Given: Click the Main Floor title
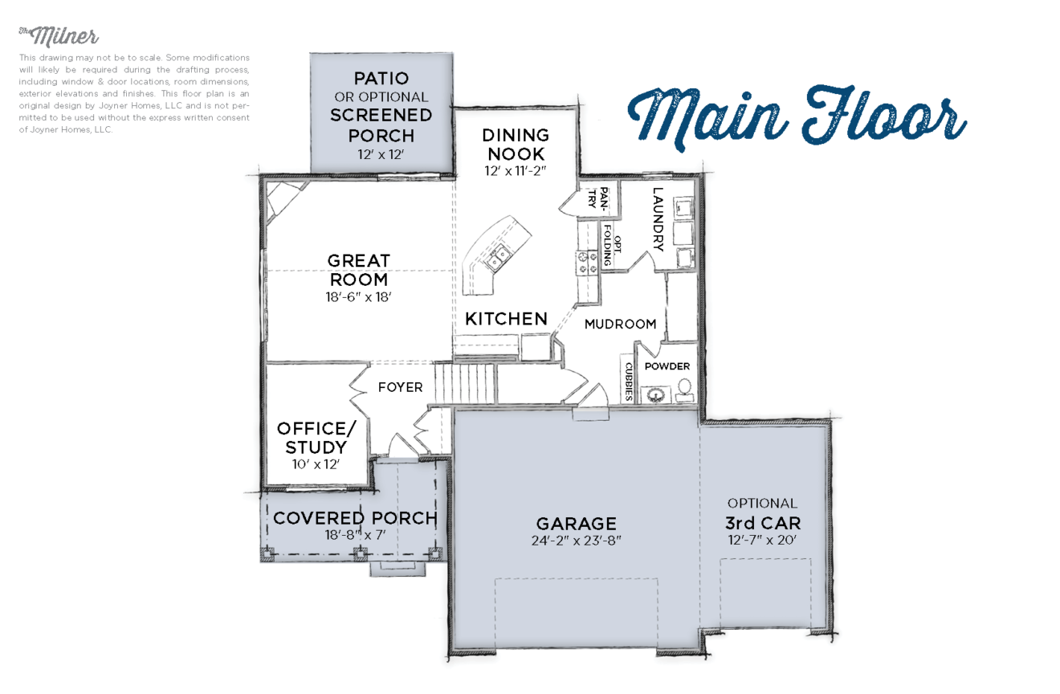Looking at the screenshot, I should (797, 118).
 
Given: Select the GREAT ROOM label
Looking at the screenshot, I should (358, 271).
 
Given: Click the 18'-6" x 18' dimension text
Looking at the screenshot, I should (358, 296).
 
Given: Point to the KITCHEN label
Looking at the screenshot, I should (506, 319).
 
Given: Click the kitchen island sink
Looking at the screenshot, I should (500, 256).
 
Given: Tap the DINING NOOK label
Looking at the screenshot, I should (516, 145).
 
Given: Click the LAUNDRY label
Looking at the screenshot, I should (658, 220).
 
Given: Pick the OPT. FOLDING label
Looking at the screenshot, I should (613, 251).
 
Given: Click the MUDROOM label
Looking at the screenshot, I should (620, 325).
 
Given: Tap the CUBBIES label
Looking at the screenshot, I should (628, 380).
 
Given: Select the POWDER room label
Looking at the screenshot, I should (667, 366).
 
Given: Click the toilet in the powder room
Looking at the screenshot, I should (685, 390).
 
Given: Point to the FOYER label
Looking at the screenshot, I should (400, 387).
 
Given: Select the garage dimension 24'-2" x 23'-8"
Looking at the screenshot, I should (576, 541).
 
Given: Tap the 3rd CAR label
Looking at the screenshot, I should (762, 523).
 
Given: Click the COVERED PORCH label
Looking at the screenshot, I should (355, 518).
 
